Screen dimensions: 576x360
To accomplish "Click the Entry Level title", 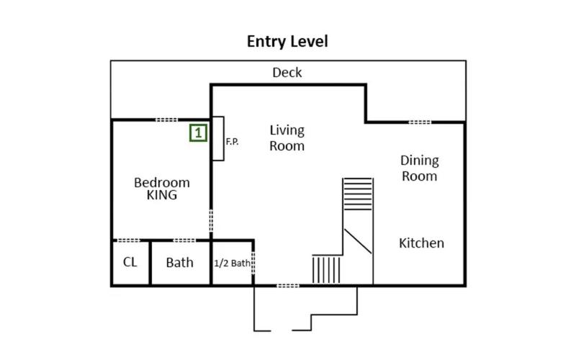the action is pos(287,42).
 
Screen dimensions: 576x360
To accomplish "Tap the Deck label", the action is pos(287,73).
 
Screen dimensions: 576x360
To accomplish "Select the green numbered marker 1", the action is pos(199,132).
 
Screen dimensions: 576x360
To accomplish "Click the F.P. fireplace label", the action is pos(232,141).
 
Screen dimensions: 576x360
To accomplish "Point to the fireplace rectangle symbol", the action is pos(218,138).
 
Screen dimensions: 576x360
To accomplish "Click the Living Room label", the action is pos(287,138).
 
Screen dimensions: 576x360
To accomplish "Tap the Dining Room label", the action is pos(420,168).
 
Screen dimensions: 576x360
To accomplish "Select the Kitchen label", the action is pos(421,243).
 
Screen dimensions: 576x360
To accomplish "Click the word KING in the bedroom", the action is pos(161,195).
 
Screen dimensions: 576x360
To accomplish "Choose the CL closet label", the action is pos(130,262).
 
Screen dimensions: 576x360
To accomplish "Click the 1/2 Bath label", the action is pos(232,263).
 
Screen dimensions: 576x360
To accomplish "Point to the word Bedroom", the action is pos(162,182).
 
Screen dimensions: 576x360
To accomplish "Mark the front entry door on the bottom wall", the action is pos(287,285).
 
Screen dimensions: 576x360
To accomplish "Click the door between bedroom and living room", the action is pos(211,220).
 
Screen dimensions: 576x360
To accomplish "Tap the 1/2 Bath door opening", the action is pos(253,263).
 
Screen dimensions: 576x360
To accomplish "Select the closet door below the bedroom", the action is pos(129,240).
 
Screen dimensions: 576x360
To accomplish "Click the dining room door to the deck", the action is pos(420,122).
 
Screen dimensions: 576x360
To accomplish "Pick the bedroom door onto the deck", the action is pos(166,120).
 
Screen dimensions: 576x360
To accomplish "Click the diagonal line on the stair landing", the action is pos(358,241).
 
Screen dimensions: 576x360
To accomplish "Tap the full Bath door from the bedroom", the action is pos(184,240).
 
